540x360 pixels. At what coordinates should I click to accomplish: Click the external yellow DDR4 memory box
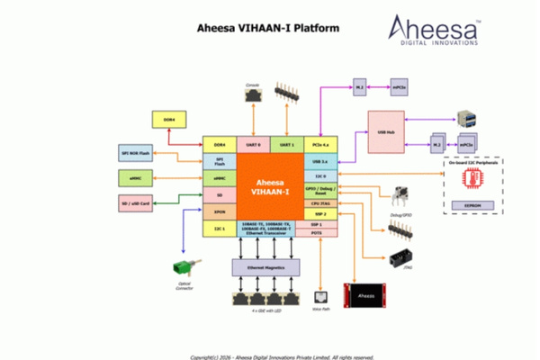point(168,119)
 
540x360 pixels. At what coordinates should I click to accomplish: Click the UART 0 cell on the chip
point(253,145)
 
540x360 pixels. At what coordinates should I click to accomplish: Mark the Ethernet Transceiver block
point(270,229)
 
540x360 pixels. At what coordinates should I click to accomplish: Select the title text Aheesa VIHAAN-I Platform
point(268,27)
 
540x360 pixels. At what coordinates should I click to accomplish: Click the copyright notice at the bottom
point(269,355)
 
